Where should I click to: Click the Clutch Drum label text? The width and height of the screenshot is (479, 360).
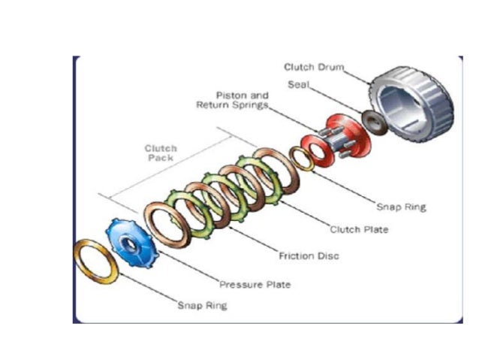(314, 68)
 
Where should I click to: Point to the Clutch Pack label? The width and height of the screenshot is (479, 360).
(160, 153)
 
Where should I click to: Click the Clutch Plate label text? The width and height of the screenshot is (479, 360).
(359, 229)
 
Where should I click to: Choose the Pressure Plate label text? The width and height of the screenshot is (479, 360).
(255, 285)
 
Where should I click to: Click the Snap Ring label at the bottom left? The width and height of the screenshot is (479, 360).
(202, 305)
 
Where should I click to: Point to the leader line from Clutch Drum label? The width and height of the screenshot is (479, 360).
(356, 72)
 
